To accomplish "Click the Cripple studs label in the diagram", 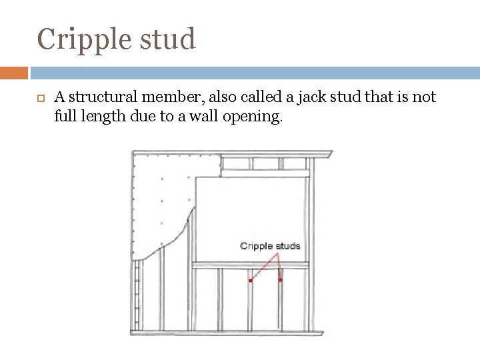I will (x=270, y=246).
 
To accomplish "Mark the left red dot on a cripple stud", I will (x=251, y=281).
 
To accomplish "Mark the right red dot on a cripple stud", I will (x=281, y=280).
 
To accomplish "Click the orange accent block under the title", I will (x=14, y=73).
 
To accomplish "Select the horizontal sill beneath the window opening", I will (x=251, y=265).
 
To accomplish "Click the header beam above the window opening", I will (x=265, y=173).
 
